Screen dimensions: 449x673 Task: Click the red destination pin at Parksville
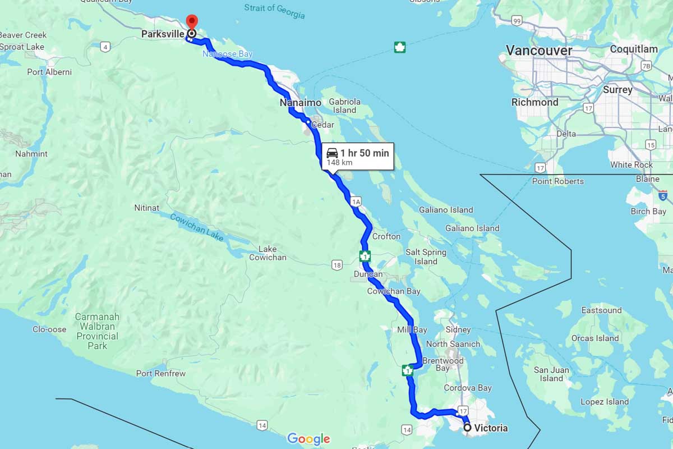pos(191,22)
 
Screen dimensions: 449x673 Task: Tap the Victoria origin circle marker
pos(467,428)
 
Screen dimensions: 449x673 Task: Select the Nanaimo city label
pos(301,103)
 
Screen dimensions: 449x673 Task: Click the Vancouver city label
pos(539,51)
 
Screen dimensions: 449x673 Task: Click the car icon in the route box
pos(332,153)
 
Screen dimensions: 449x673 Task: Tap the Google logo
pos(308,438)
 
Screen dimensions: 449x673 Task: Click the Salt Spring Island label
pos(426,257)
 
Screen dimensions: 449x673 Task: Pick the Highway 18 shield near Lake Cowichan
pos(336,264)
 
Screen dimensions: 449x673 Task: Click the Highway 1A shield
pos(355,201)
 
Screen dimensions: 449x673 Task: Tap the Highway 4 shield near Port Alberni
pos(105,47)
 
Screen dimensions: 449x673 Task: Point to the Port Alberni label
pos(49,72)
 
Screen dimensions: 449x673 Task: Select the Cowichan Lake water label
pos(196,228)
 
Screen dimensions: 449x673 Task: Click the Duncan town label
pos(368,274)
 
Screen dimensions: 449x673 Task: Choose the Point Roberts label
pos(557,181)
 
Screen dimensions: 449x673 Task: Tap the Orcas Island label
pos(594,338)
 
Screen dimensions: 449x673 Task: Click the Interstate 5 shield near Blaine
pos(663,195)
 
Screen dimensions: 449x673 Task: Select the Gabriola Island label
pos(344,106)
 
